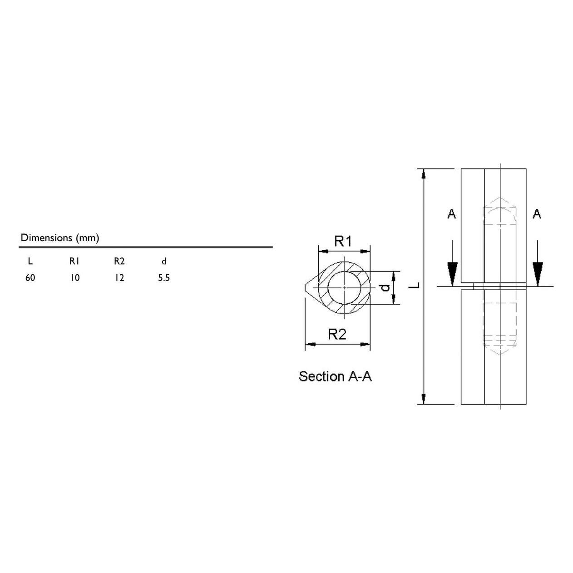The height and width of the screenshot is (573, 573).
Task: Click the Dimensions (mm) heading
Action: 60,238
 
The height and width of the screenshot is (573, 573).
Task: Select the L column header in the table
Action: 30,262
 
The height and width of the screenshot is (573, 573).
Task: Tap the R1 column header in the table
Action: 74,262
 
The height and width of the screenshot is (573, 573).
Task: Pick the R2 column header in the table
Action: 119,262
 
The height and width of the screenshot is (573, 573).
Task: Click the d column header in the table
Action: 164,262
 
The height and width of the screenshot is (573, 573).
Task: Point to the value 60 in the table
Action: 30,278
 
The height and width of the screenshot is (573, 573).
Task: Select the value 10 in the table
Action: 75,278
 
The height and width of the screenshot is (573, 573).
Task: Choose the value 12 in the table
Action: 119,278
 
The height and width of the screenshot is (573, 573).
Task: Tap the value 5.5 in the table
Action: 164,278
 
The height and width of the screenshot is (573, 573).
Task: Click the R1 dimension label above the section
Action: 343,241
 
